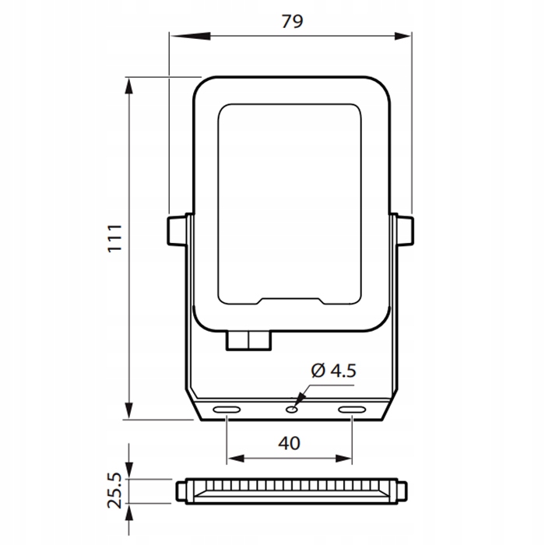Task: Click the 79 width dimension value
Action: [x=291, y=21]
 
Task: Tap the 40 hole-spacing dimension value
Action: [x=289, y=443]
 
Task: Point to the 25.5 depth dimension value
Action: [x=114, y=489]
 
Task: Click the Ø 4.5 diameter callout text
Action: [x=332, y=371]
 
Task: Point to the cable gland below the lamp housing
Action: [x=248, y=340]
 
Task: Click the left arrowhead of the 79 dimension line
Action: [x=174, y=34]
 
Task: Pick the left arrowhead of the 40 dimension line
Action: [x=231, y=458]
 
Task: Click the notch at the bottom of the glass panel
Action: [x=290, y=301]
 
